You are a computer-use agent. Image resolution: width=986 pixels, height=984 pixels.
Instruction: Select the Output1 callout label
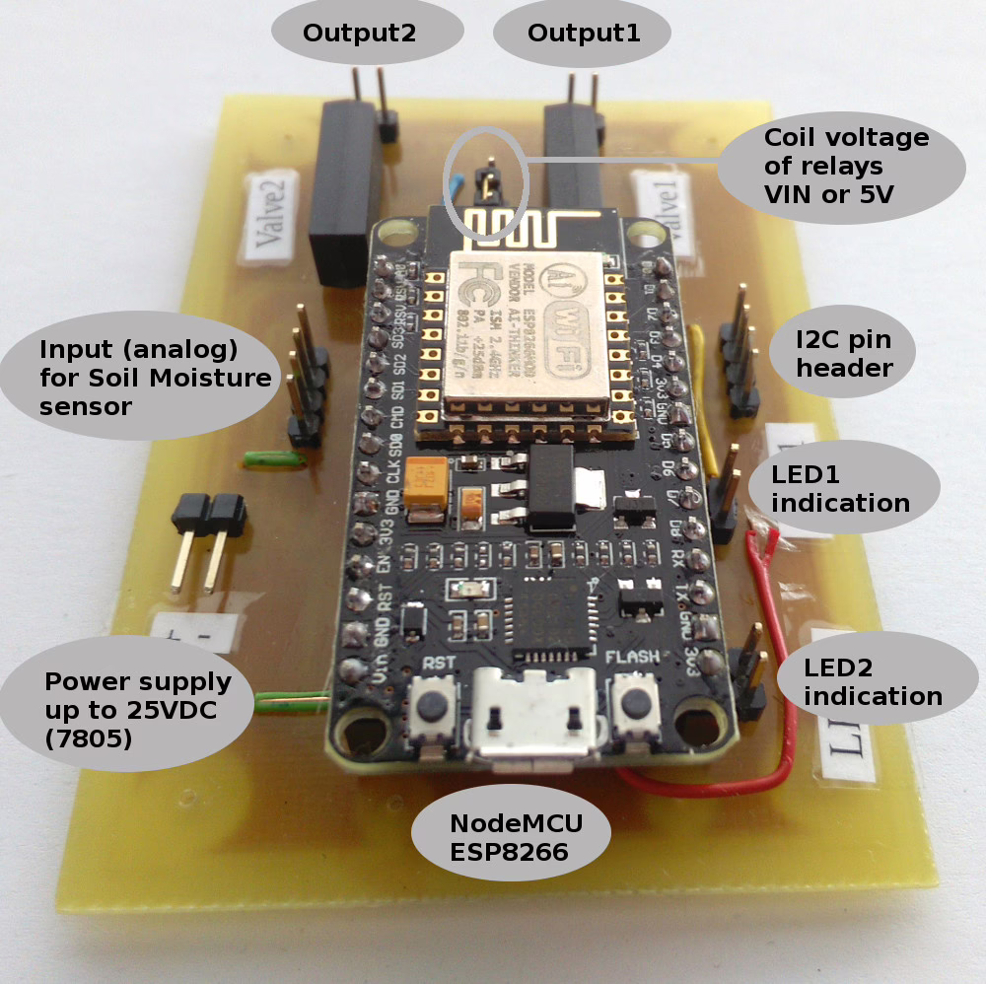(x=584, y=34)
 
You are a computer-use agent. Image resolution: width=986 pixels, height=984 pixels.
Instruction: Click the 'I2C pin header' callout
(x=843, y=354)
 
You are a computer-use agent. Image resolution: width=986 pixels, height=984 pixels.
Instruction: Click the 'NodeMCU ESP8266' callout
(x=509, y=838)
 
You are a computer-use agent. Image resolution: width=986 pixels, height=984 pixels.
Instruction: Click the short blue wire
(x=456, y=187)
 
